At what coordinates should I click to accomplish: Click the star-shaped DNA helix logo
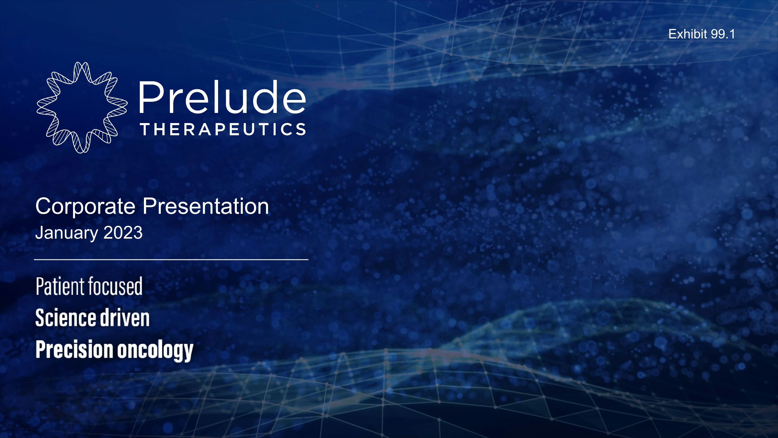[81, 107]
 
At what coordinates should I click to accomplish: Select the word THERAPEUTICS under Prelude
[223, 129]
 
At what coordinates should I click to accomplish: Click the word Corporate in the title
[85, 207]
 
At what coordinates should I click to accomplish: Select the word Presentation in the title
[205, 207]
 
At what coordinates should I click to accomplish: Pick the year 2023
[123, 233]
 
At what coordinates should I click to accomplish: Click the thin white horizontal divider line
[171, 259]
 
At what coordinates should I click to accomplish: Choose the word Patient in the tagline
[60, 286]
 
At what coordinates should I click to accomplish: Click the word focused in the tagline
[115, 286]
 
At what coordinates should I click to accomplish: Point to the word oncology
[155, 351]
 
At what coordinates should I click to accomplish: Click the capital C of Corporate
[44, 207]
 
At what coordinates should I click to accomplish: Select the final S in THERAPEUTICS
[301, 129]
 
